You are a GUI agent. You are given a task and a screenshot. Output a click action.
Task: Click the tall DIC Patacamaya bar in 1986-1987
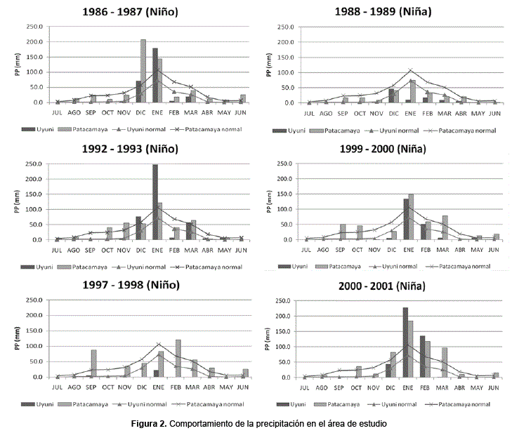tap(143, 71)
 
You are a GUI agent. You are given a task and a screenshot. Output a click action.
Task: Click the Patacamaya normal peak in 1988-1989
tap(411, 69)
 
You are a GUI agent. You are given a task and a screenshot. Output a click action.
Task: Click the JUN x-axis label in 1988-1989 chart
tap(494, 112)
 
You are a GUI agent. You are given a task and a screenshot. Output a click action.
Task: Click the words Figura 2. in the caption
tap(152, 424)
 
